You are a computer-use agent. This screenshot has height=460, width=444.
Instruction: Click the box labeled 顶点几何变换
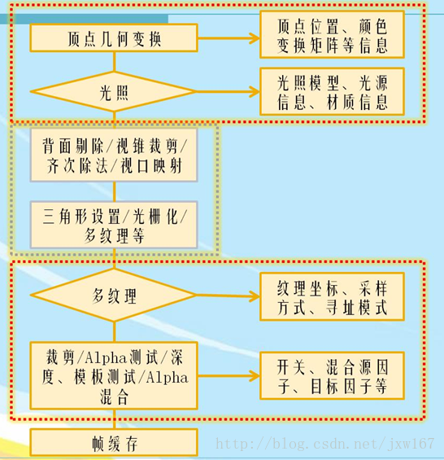pyautogui.click(x=114, y=37)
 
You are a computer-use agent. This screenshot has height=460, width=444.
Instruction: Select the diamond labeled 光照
pyautogui.click(x=114, y=92)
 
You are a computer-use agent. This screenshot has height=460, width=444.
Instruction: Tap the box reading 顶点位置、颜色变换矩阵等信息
pyautogui.click(x=332, y=35)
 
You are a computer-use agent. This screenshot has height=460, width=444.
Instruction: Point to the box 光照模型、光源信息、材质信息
pyautogui.click(x=332, y=91)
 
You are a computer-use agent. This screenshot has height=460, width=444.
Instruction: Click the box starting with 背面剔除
pyautogui.click(x=114, y=155)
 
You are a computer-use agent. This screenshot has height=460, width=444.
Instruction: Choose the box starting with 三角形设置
pyautogui.click(x=114, y=225)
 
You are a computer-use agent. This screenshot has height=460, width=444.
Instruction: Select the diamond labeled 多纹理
pyautogui.click(x=114, y=296)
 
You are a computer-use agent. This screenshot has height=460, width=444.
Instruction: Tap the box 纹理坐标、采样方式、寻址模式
pyautogui.click(x=332, y=296)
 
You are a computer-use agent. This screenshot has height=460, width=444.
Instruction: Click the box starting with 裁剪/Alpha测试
pyautogui.click(x=114, y=375)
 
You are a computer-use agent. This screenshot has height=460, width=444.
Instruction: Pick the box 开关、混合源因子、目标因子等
pyautogui.click(x=332, y=376)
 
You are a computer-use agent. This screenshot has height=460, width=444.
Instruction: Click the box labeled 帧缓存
pyautogui.click(x=114, y=443)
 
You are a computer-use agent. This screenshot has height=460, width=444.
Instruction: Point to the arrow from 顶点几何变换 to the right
pyautogui.click(x=229, y=37)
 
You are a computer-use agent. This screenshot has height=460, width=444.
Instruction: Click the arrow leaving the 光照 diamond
pyautogui.click(x=228, y=91)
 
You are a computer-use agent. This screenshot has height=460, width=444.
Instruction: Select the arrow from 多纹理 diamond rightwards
pyautogui.click(x=228, y=296)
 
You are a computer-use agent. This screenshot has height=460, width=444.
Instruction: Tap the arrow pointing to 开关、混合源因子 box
pyautogui.click(x=229, y=376)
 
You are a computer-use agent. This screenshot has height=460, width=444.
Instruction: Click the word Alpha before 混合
pyautogui.click(x=167, y=378)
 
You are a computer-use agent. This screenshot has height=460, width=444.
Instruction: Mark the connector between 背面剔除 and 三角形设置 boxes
pyautogui.click(x=114, y=191)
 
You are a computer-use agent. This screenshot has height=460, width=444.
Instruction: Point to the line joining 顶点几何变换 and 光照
pyautogui.click(x=114, y=62)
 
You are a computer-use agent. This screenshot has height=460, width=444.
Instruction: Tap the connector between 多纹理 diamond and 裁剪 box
pyautogui.click(x=114, y=332)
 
